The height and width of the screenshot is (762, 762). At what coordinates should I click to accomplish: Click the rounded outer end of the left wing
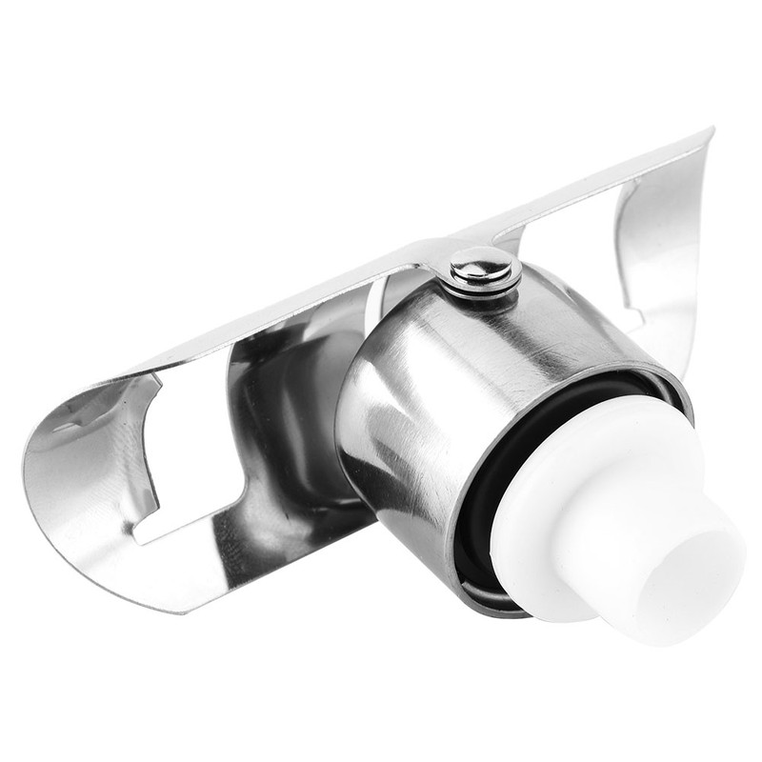tap(38, 476)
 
